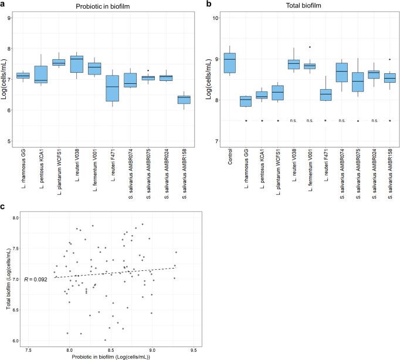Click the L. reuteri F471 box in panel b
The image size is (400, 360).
326,94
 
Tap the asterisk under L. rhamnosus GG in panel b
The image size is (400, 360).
246,121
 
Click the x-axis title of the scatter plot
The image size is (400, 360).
110,356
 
